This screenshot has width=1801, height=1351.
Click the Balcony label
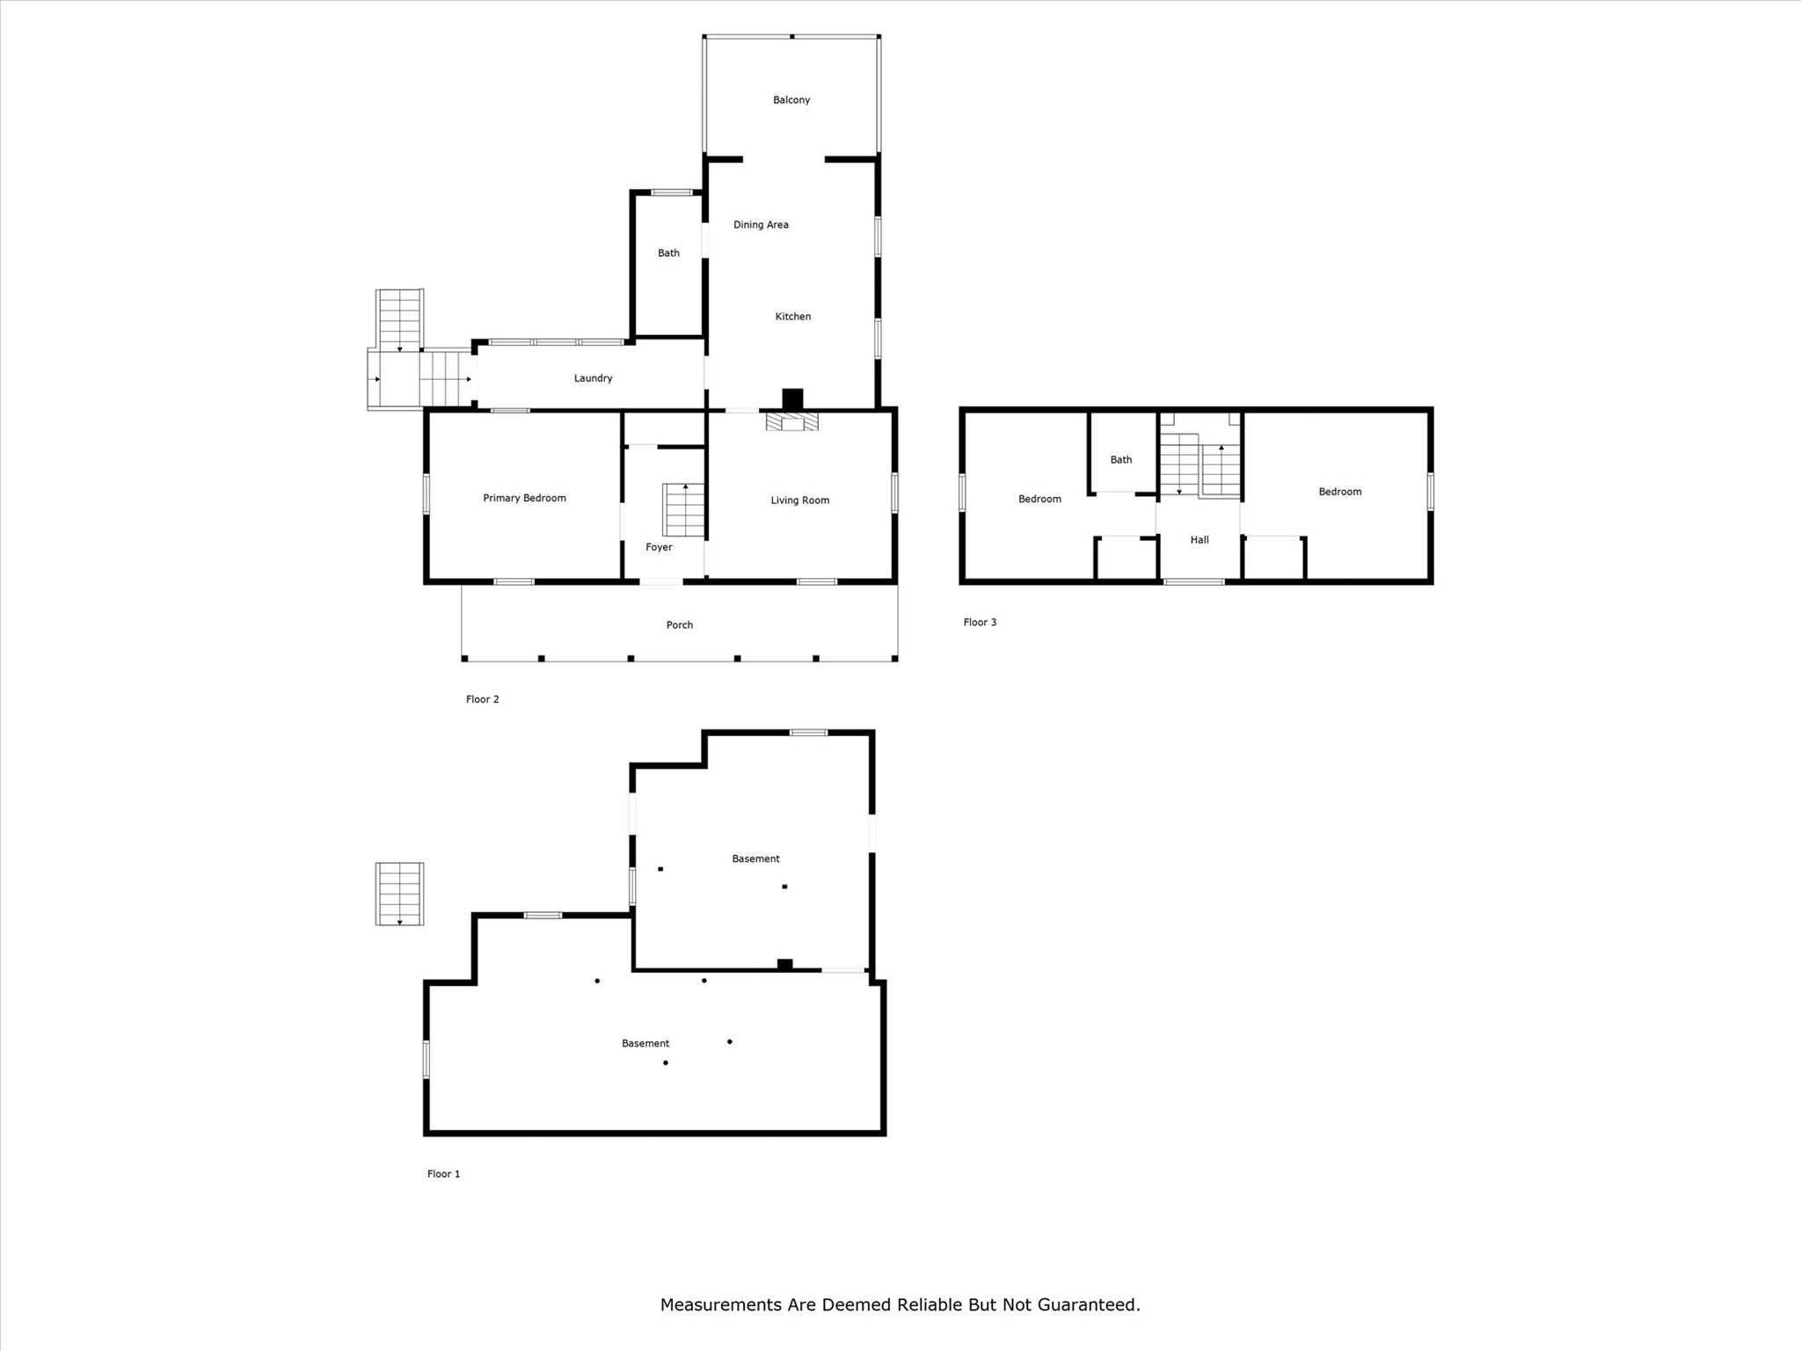791,100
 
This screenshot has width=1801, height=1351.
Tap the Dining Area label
761,225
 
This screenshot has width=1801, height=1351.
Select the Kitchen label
792,317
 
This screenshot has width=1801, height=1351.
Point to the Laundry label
593,378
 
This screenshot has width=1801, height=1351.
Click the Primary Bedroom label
524,498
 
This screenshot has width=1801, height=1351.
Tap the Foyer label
659,547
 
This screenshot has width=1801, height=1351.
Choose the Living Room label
799,500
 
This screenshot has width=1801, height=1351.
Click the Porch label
679,625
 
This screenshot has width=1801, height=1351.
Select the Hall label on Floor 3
1199,540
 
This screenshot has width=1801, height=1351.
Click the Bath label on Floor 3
1120,460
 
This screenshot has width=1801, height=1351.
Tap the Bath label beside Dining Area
668,253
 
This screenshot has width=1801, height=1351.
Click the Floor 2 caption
482,699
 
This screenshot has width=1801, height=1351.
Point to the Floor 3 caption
980,623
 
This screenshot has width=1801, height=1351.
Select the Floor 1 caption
443,1174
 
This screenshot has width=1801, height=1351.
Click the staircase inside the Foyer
683,510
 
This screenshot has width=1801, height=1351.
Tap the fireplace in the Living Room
792,423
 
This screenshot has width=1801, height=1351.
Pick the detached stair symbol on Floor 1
399,894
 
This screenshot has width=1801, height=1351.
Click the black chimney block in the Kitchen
792,398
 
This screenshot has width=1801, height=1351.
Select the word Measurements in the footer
721,1304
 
